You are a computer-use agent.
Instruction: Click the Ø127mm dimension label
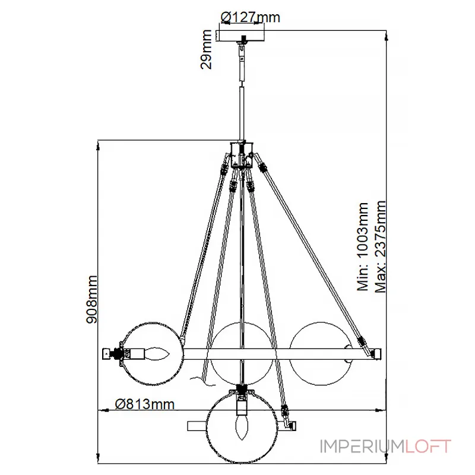click(250, 17)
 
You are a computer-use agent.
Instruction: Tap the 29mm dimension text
click(206, 49)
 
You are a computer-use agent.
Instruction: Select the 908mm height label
click(92, 299)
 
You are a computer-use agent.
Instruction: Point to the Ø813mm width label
click(145, 404)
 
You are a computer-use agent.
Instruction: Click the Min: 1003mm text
click(363, 247)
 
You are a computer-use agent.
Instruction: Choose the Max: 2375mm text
click(381, 246)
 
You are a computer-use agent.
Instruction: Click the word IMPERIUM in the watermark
click(362, 447)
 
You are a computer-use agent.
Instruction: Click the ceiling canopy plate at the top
click(241, 36)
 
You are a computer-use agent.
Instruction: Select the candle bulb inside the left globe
click(157, 354)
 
